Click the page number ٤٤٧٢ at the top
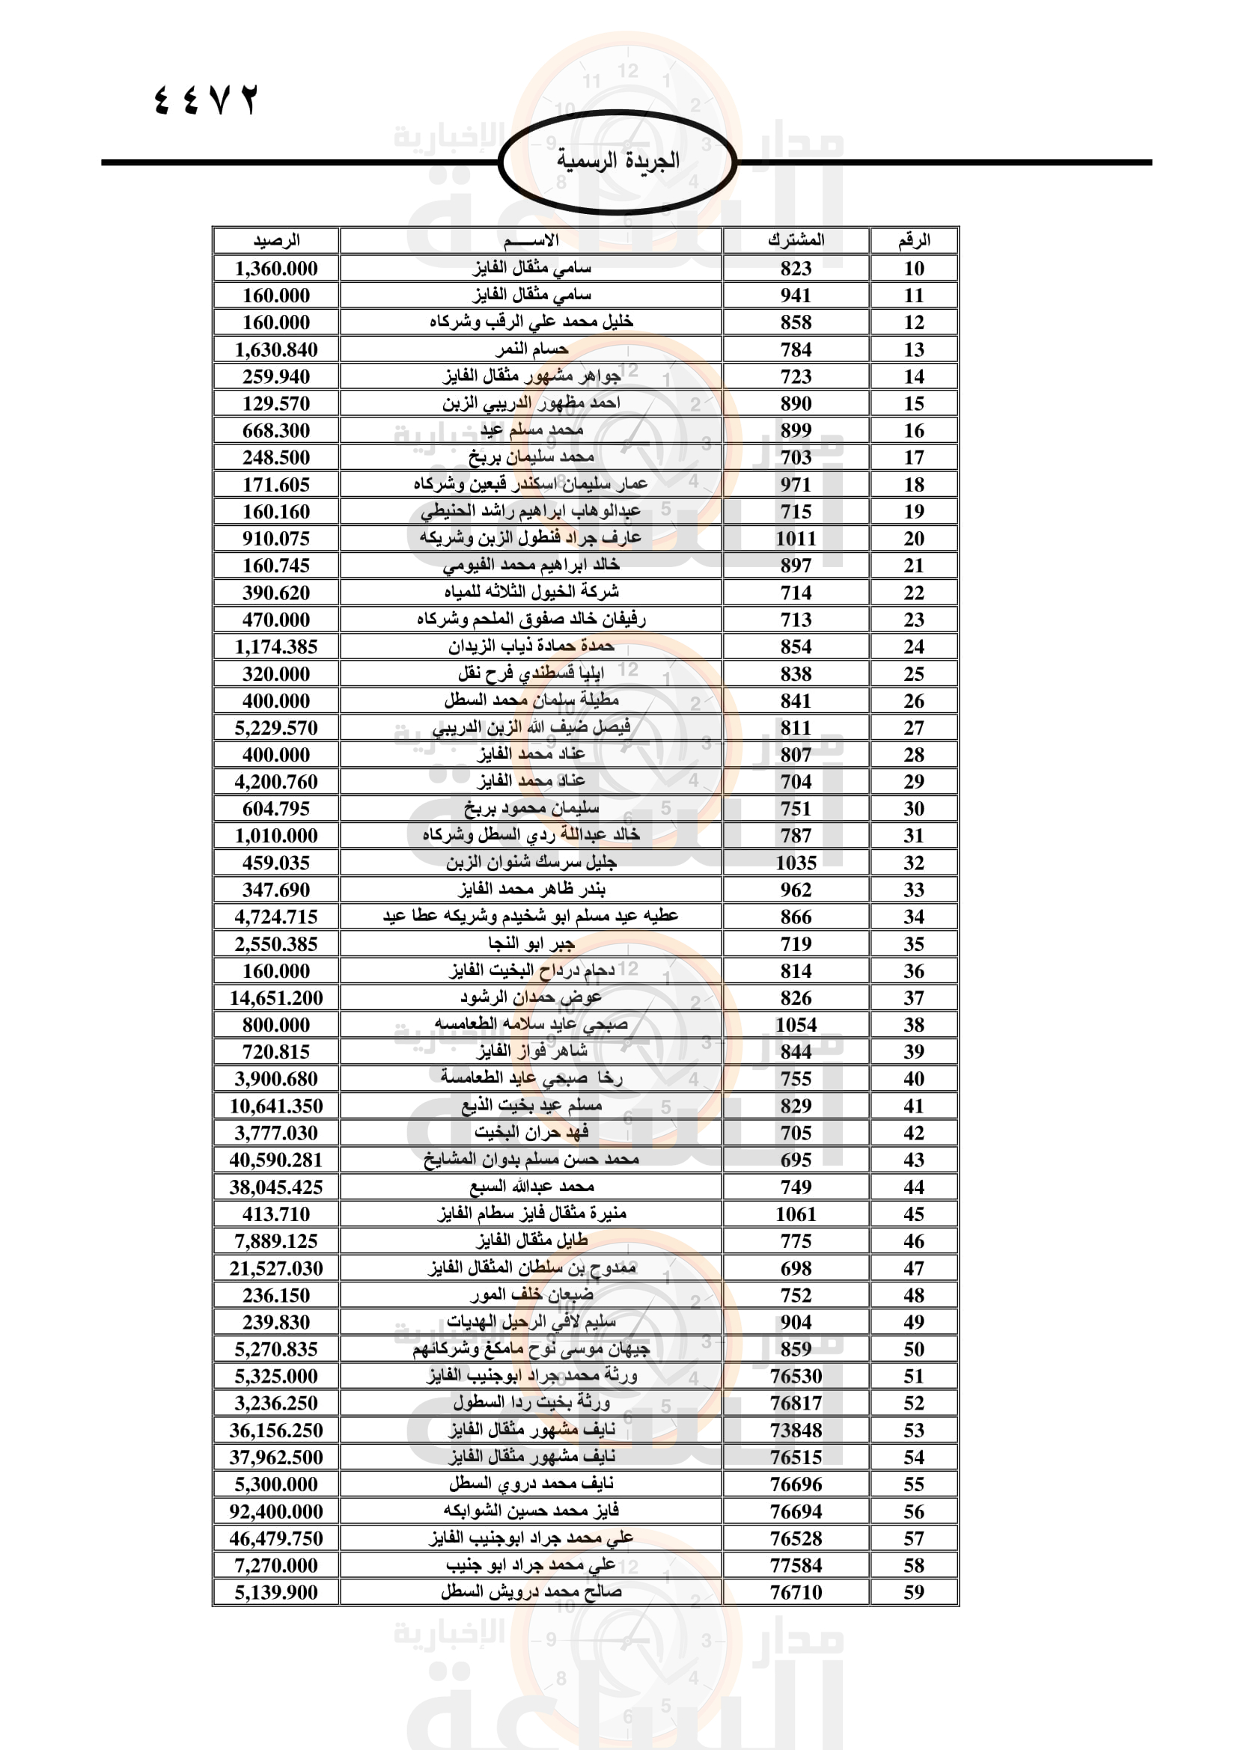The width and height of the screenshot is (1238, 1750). coord(207,100)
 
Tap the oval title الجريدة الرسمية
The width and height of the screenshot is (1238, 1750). coord(618,161)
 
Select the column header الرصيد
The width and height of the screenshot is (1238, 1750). coord(276,240)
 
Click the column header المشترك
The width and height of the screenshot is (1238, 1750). coord(795,240)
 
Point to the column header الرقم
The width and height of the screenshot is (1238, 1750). coord(913,240)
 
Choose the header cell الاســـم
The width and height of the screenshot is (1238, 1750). coord(531,240)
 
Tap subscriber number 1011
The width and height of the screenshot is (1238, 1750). coord(795,538)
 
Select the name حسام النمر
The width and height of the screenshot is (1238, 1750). coord(531,349)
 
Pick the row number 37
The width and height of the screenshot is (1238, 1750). coord(913,998)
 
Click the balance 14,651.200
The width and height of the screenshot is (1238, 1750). coord(276,998)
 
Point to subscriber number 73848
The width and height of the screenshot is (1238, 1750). coord(795,1430)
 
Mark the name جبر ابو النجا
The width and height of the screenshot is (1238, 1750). coord(531,943)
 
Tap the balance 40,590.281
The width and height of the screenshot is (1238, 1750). coord(276,1160)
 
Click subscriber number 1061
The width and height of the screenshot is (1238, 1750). coord(795,1214)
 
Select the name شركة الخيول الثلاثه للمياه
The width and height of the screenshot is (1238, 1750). coord(531,593)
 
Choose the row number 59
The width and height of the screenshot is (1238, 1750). coord(913,1592)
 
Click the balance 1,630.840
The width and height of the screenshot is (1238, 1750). coord(276,349)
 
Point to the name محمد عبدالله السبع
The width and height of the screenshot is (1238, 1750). coord(531,1187)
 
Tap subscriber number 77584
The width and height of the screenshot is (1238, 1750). coord(795,1564)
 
